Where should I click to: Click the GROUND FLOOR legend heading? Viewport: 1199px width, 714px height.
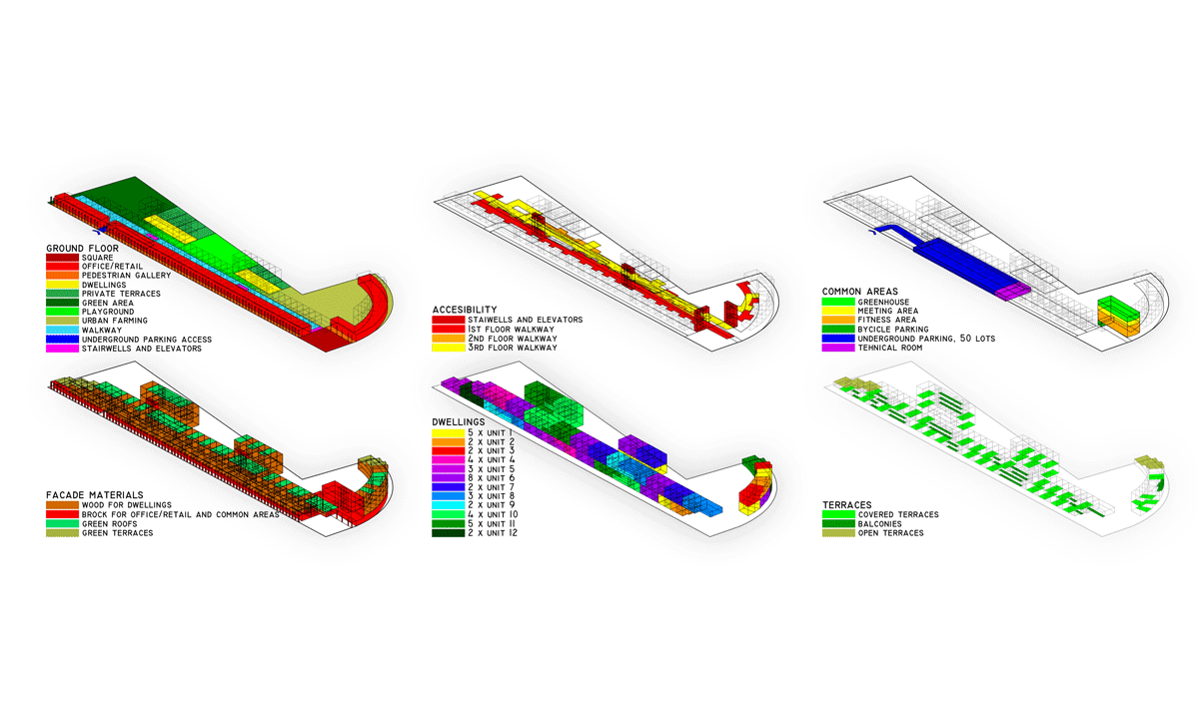coord(82,249)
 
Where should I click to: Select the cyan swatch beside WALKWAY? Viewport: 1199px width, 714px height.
coord(62,330)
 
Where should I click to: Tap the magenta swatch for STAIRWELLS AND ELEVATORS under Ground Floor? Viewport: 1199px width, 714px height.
coord(62,349)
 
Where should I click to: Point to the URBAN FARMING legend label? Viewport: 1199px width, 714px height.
coord(115,321)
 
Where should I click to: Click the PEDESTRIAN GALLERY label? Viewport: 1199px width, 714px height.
coord(126,276)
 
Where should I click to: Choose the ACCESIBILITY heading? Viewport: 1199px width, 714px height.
coord(465,310)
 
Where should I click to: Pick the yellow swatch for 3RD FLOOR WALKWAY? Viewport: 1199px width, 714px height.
coord(449,348)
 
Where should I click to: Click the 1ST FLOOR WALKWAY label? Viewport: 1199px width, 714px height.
coord(512,330)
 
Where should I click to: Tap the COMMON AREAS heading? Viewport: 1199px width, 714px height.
coord(860,292)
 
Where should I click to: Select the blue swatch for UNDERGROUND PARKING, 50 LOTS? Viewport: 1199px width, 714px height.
coord(838,339)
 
